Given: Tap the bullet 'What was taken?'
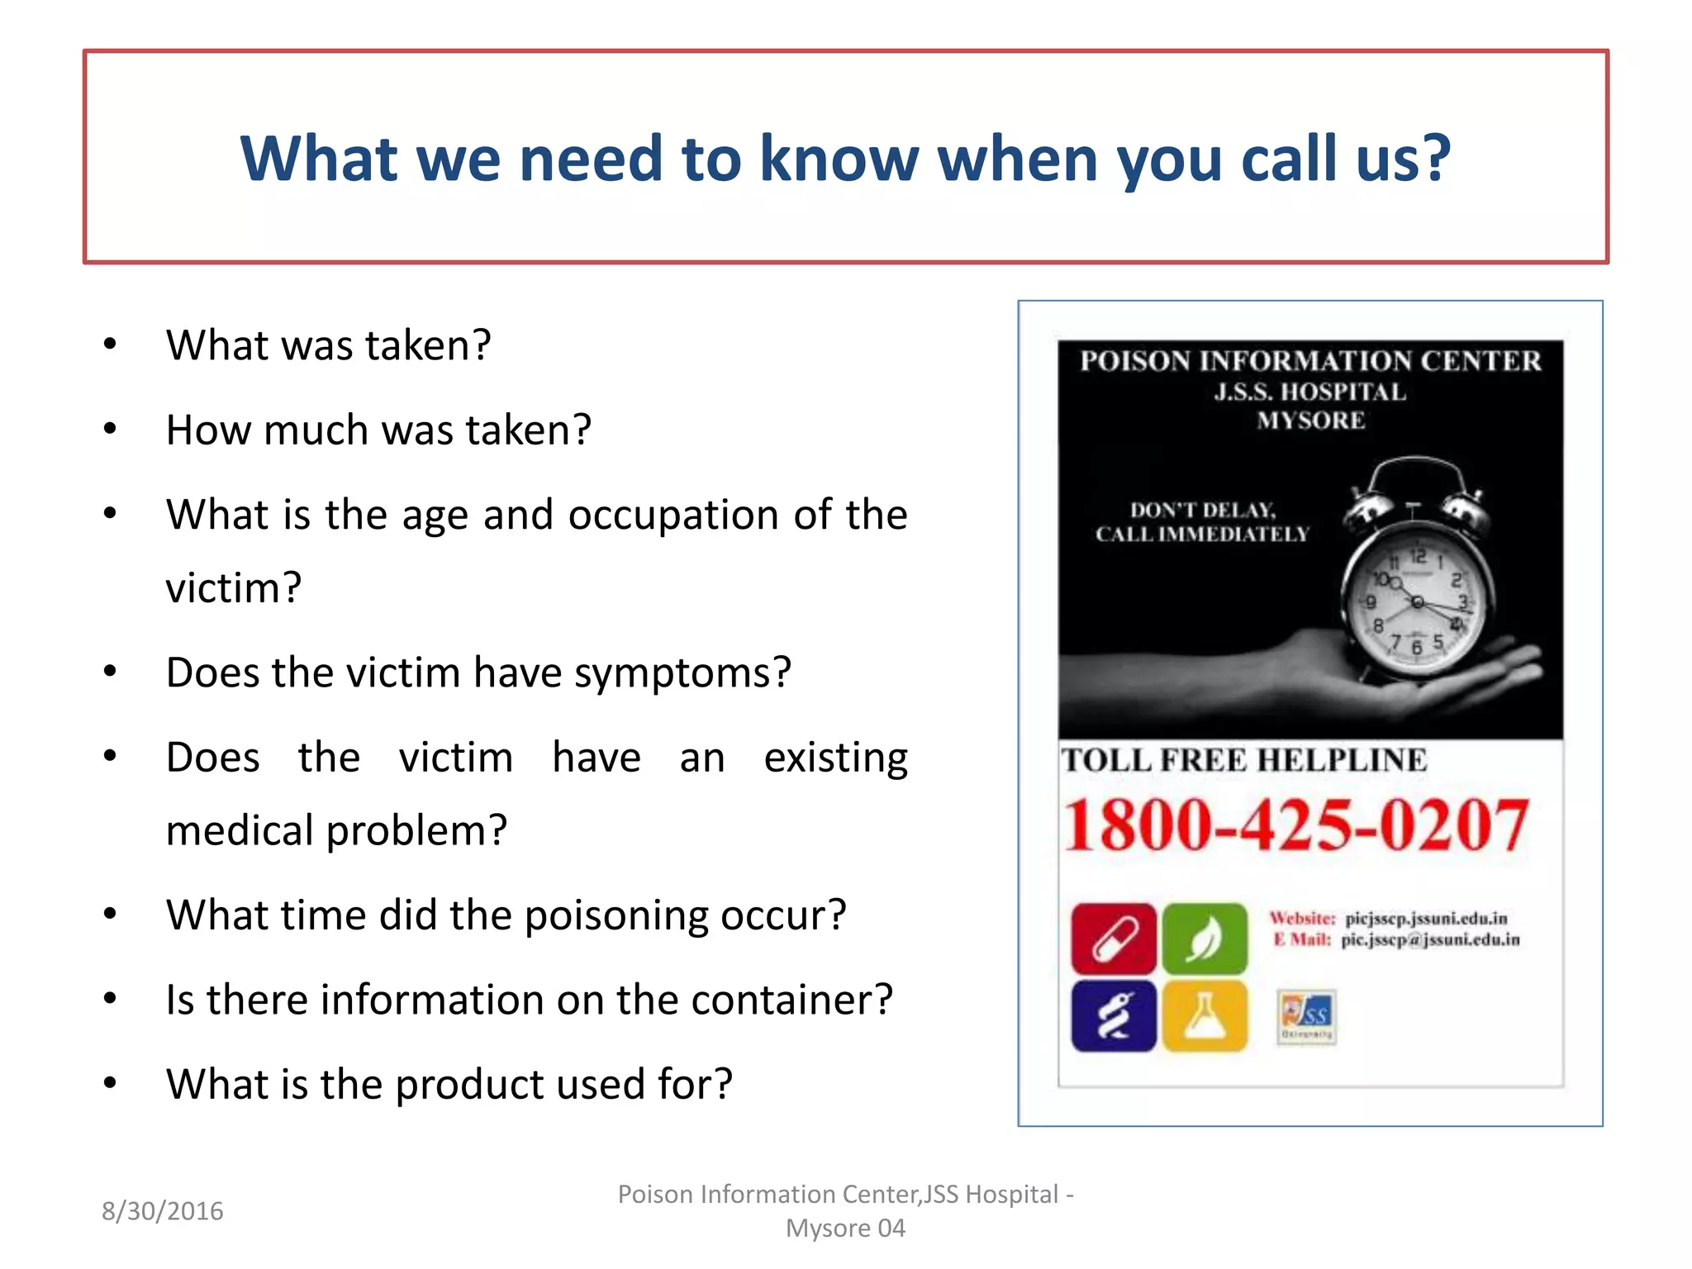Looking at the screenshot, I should [328, 345].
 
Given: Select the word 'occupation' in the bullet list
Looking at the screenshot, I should [671, 515].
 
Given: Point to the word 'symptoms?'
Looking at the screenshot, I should [682, 673].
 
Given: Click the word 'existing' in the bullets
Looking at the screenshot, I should [835, 758].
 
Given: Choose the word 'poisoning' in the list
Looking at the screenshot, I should [615, 915].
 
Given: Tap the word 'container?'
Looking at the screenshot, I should [791, 1000].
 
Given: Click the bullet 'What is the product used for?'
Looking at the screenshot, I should [449, 1084].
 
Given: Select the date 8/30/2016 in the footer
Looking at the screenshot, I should [162, 1211].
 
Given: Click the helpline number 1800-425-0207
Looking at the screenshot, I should [1295, 825].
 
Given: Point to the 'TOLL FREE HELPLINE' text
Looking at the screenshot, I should [1243, 760].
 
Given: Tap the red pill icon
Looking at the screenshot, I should [1113, 939].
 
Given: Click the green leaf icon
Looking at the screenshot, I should [1204, 939].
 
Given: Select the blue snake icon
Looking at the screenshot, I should [1113, 1015].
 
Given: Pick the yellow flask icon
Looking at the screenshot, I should [1204, 1015].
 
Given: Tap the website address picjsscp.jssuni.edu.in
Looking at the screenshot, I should [1426, 919].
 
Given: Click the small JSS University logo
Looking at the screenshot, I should [1305, 1016].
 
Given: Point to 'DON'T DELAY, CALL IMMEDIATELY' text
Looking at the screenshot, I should [1202, 522].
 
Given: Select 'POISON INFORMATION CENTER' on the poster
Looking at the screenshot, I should [1310, 361].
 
